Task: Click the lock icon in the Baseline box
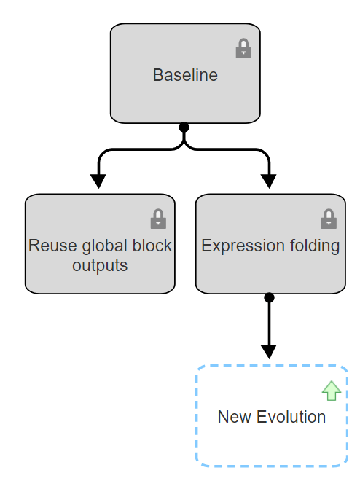(243, 50)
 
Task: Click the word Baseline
(185, 75)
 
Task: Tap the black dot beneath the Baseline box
(184, 127)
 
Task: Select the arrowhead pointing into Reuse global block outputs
(98, 180)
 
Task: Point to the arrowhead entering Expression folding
(270, 180)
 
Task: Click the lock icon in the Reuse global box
(158, 219)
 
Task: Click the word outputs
(100, 265)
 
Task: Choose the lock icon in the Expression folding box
(329, 219)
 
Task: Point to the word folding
(313, 246)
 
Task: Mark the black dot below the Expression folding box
(269, 297)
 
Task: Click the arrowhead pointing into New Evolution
(269, 350)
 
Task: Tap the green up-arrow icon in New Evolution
(332, 391)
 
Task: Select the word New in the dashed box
(232, 417)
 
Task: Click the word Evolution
(288, 417)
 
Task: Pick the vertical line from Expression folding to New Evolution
(269, 321)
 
